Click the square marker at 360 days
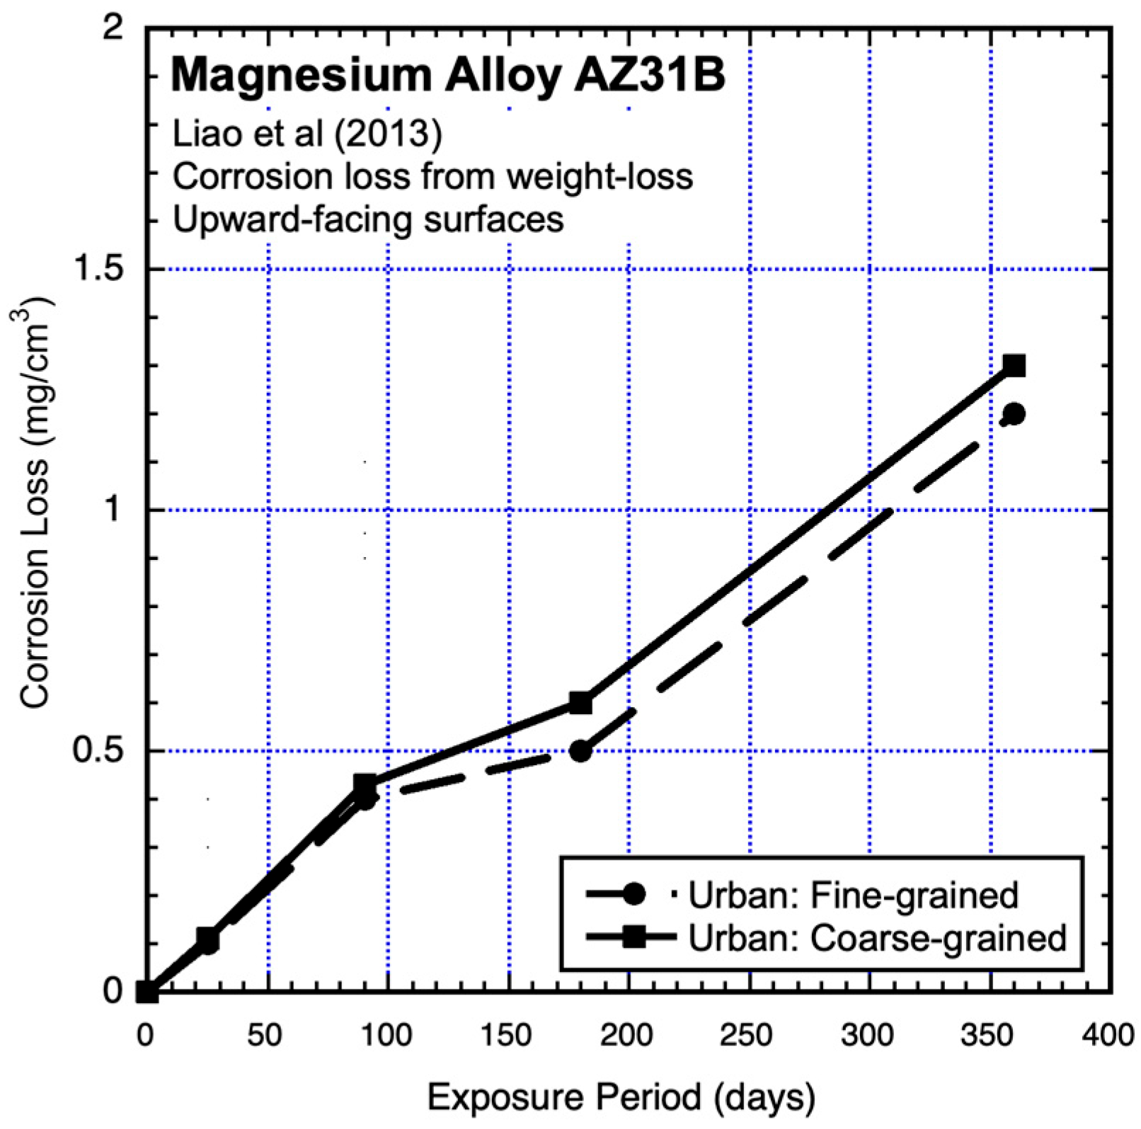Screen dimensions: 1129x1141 (x=1014, y=366)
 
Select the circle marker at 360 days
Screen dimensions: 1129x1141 (x=1014, y=414)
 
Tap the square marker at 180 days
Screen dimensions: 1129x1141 (x=580, y=703)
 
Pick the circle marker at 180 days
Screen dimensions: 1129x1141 (x=580, y=751)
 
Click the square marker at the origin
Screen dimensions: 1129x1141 (x=147, y=992)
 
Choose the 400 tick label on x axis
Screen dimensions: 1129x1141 (x=1108, y=1036)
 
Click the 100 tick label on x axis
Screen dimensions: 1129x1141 (x=386, y=1036)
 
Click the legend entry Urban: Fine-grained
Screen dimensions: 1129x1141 (x=853, y=895)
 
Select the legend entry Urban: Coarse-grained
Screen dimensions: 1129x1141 (x=878, y=939)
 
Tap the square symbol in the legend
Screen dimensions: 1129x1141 (x=632, y=939)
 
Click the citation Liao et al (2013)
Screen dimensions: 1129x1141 (x=307, y=133)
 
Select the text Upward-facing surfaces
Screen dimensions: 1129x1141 (x=368, y=219)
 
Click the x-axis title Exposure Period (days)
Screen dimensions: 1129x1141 (x=621, y=1097)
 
